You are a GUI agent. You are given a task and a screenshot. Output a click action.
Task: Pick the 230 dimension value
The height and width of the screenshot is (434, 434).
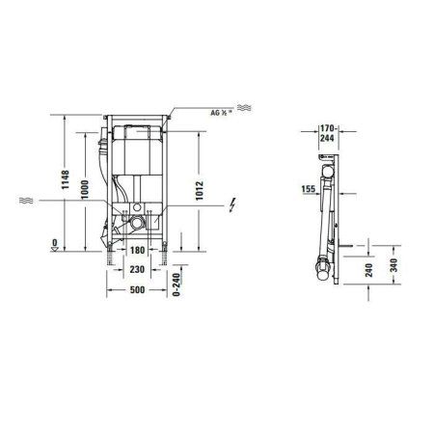tap(139, 271)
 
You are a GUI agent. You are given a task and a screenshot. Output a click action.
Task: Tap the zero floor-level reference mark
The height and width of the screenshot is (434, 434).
tap(55, 244)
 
